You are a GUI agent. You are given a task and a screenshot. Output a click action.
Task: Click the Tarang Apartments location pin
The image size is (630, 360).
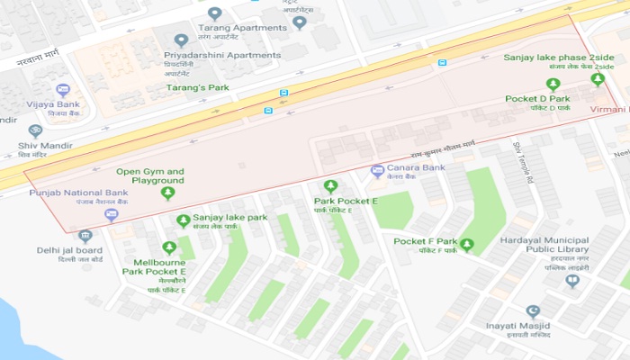[214, 13]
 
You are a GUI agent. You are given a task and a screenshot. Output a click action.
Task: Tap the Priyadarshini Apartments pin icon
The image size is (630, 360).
[181, 40]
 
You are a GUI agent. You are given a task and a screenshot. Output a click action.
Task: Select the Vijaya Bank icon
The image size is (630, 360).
[62, 91]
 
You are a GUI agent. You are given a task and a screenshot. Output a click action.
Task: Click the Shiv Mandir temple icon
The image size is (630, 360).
[35, 131]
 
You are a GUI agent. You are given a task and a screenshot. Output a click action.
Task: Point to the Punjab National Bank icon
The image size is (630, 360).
[111, 214]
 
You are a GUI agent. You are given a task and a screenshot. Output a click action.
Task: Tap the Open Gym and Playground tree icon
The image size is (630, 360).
[167, 193]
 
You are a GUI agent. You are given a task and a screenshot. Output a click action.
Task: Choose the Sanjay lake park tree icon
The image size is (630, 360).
[184, 220]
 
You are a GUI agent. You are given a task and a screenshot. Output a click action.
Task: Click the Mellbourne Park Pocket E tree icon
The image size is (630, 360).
[169, 247]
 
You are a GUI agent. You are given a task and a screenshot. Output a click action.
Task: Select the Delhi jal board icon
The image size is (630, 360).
[85, 237]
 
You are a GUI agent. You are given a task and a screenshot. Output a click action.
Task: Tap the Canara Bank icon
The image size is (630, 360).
[378, 171]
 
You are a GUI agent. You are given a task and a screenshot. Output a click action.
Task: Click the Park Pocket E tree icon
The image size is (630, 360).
[330, 186]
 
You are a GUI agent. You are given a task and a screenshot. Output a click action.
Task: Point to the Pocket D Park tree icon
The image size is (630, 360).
[553, 85]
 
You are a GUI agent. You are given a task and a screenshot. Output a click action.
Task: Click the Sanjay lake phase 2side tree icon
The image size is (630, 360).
[596, 79]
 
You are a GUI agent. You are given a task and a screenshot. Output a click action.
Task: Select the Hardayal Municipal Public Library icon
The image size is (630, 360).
[572, 281]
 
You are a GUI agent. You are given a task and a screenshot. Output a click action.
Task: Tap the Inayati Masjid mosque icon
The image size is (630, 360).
[532, 312]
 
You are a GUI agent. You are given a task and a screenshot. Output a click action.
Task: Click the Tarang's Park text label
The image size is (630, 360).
[197, 87]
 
